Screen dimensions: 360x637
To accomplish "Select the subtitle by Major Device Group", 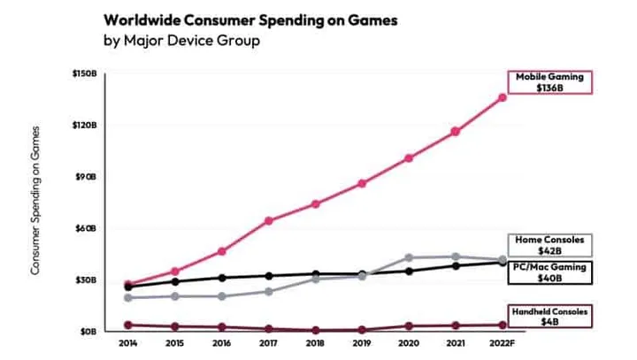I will pos(181,41).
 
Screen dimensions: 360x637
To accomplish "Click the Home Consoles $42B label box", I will pos(549,246).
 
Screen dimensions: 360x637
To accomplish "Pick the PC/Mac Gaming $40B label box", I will pos(549,272).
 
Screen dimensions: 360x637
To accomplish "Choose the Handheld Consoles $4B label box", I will pos(549,317).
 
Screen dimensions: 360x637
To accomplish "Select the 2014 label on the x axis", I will pos(128,342).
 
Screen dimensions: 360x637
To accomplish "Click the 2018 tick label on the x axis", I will pos(316,342).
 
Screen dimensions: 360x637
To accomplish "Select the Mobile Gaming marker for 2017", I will pos(267,220).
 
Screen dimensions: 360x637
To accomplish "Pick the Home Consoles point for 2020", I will pos(408,257).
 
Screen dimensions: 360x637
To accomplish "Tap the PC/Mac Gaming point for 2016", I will pos(221,278).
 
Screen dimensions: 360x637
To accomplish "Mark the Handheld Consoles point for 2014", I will pos(128,325).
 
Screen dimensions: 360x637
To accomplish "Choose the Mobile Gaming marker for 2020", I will pos(408,158).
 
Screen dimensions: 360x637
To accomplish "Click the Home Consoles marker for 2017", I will pos(267,291).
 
